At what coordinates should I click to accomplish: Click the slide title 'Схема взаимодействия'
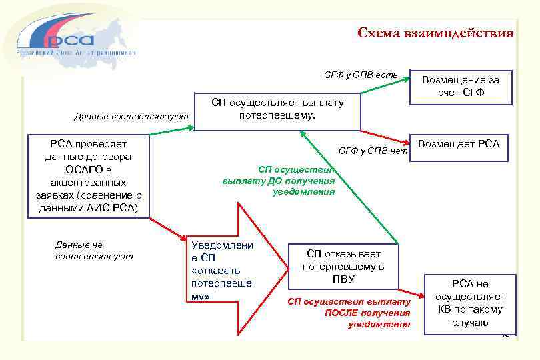[435, 33]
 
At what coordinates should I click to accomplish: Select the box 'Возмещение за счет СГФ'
[461, 87]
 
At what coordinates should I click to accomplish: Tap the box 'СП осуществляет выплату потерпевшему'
[277, 110]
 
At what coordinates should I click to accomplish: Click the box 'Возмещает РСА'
[458, 144]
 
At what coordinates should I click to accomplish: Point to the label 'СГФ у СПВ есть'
[361, 75]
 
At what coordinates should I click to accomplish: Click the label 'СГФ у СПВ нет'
[372, 151]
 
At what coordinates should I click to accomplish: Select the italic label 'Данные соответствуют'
[131, 117]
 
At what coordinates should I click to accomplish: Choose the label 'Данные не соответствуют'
[93, 250]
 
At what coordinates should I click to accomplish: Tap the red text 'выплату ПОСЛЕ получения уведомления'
[350, 313]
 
